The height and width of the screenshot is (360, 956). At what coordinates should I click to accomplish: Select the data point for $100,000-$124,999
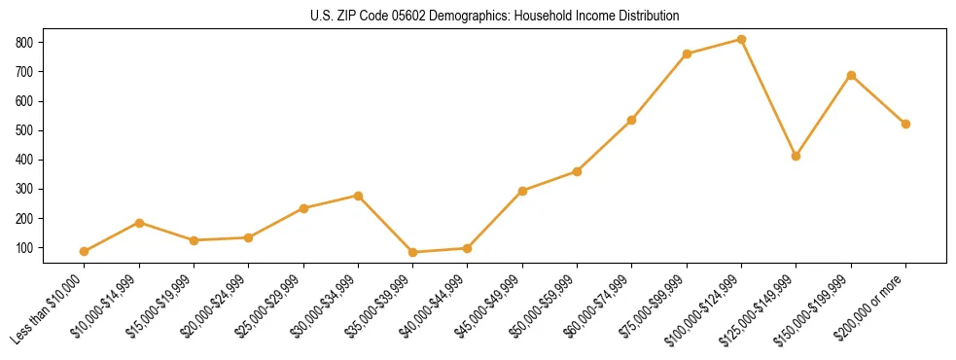[741, 40]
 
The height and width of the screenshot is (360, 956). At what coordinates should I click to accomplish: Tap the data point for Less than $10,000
[85, 251]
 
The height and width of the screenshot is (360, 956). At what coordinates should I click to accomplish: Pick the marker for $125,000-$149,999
[797, 156]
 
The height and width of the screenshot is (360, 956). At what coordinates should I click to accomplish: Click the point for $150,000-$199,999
[851, 75]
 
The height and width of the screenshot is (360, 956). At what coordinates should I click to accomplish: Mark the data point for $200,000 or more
[905, 124]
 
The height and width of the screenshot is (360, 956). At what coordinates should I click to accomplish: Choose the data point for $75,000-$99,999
[687, 54]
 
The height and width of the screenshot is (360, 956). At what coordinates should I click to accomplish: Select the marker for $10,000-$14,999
[140, 223]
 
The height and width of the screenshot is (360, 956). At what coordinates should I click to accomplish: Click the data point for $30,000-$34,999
[359, 196]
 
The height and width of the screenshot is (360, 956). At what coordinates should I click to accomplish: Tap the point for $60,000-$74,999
[632, 120]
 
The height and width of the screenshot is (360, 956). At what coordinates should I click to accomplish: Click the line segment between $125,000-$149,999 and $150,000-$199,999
[824, 115]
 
